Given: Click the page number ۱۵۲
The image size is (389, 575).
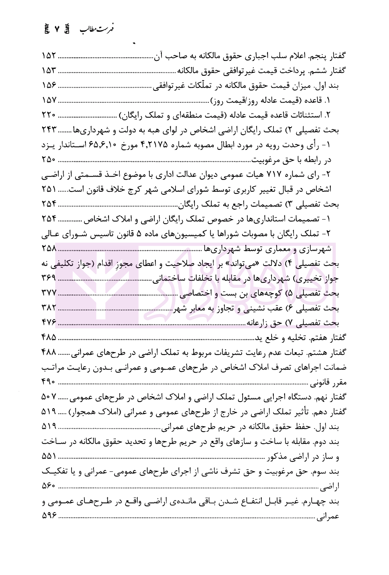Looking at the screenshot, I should pyautogui.click(x=49, y=56).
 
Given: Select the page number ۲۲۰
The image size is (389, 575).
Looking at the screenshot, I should pyautogui.click(x=49, y=115).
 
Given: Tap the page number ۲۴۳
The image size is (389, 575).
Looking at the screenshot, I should pyautogui.click(x=49, y=130).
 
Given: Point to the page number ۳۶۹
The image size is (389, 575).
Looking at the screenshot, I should pyautogui.click(x=49, y=278).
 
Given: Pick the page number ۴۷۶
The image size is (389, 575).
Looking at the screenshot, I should pyautogui.click(x=49, y=322).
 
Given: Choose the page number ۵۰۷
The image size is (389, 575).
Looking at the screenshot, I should pyautogui.click(x=49, y=397).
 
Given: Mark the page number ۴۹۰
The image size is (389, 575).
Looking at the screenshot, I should pyautogui.click(x=49, y=382).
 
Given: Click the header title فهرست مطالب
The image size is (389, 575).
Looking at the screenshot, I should pyautogui.click(x=98, y=29).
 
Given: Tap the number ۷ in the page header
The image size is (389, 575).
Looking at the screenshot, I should pyautogui.click(x=57, y=29).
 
